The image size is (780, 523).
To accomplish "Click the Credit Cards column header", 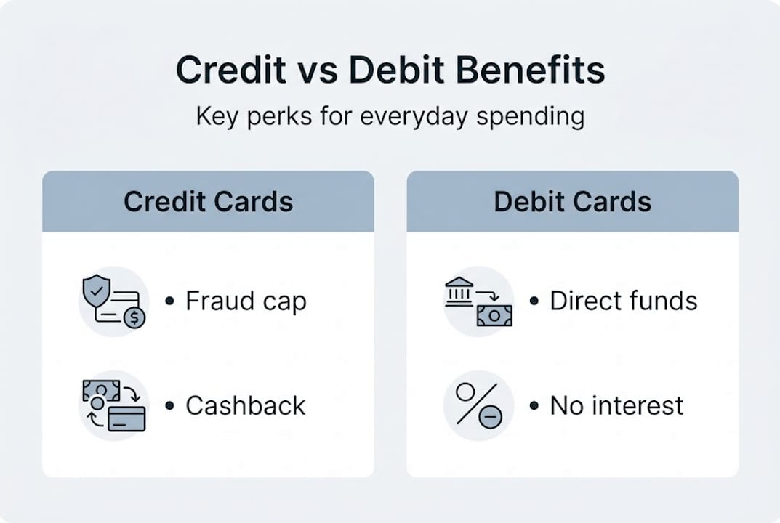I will (208, 201).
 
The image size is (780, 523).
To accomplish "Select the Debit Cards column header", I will (572, 201).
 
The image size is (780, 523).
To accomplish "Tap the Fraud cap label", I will (246, 301).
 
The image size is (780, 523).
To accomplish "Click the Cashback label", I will (246, 405).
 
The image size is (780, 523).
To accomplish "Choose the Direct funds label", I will (624, 301).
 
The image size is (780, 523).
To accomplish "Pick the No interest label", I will (616, 405).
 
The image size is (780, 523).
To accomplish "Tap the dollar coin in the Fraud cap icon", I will (134, 317).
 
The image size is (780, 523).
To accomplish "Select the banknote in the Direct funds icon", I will (494, 315).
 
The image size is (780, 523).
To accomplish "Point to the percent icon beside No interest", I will (476, 404).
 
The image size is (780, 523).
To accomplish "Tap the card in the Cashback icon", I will (126, 419).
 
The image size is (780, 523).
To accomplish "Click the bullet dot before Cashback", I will (170, 405).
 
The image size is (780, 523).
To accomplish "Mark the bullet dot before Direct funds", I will (534, 301).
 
